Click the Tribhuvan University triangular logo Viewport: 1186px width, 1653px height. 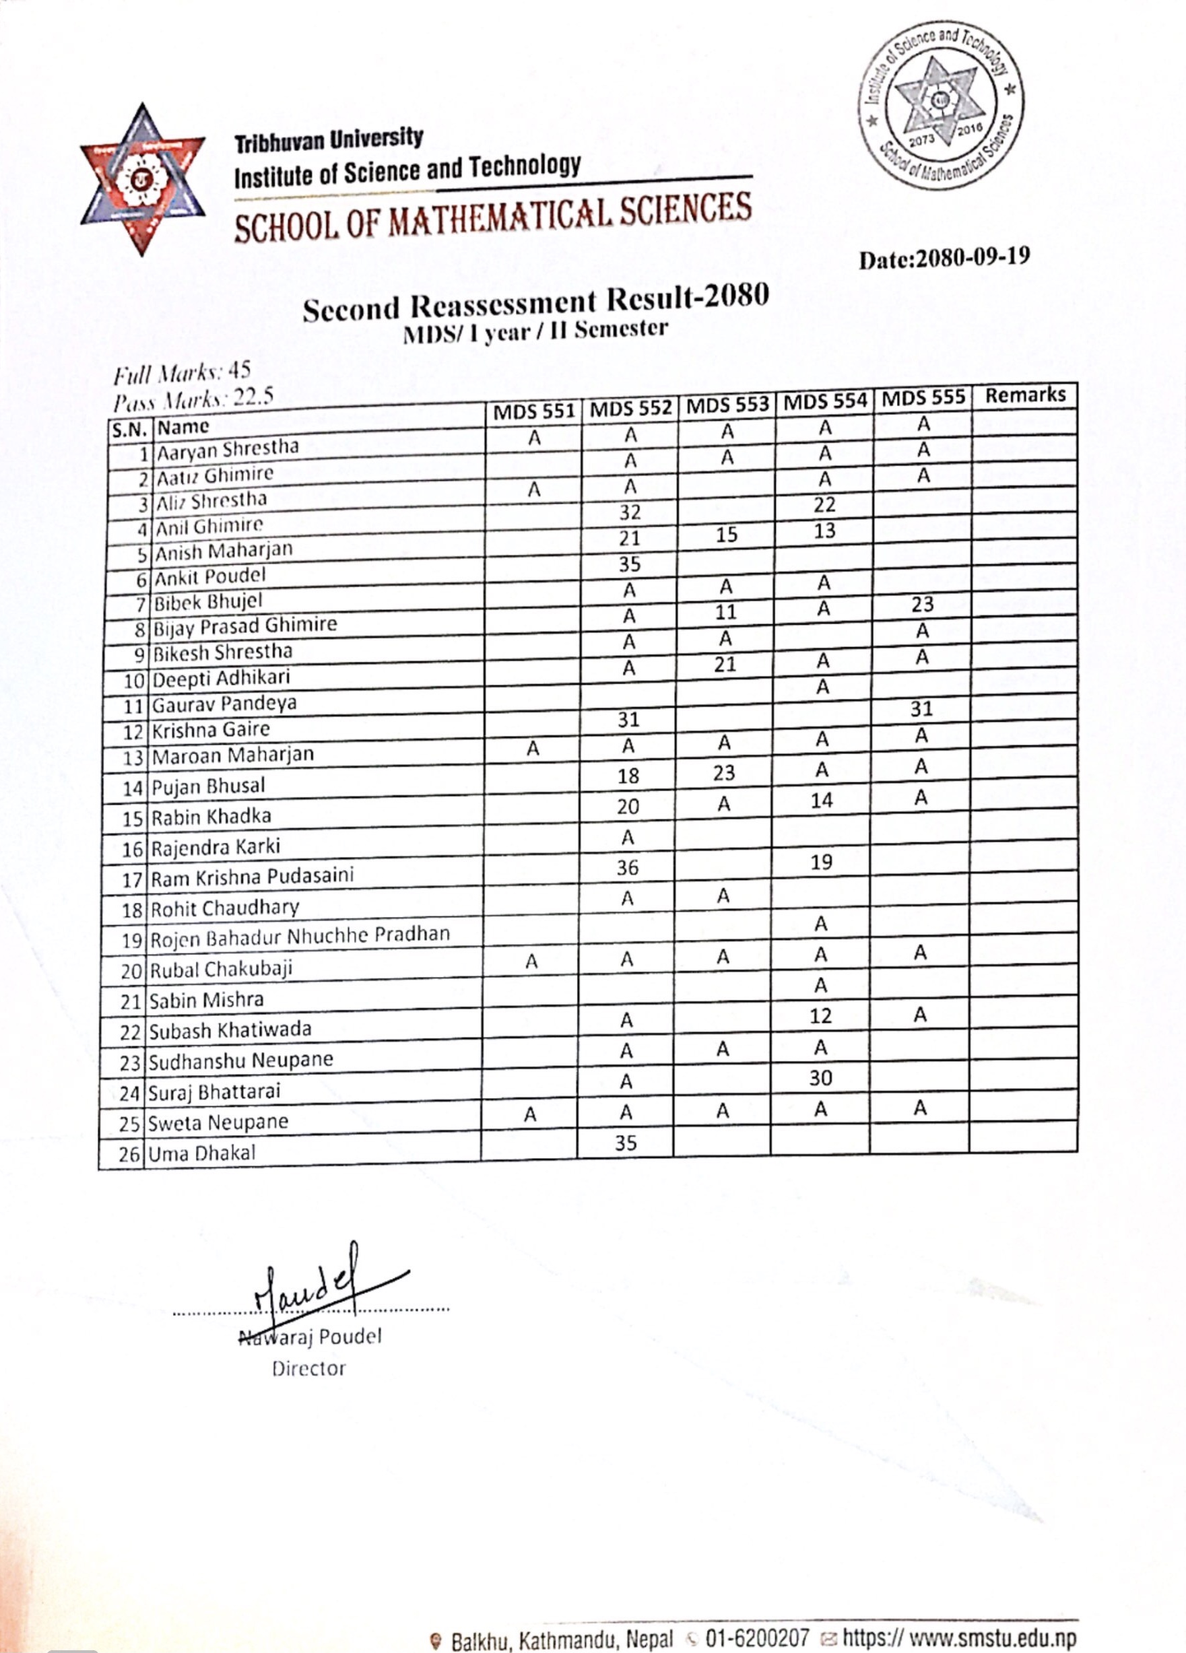pyautogui.click(x=142, y=178)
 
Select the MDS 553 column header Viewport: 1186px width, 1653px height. pyautogui.click(x=727, y=405)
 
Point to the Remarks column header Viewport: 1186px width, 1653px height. pyautogui.click(x=1025, y=395)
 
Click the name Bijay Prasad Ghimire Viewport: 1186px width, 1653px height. pyautogui.click(x=245, y=626)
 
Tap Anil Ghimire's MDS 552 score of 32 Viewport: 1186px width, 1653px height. pyautogui.click(x=630, y=512)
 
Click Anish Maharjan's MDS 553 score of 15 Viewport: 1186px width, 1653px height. pyautogui.click(x=726, y=535)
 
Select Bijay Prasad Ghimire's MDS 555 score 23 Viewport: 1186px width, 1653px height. pyautogui.click(x=922, y=604)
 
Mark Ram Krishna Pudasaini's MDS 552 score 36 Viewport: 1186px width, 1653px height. pyautogui.click(x=627, y=867)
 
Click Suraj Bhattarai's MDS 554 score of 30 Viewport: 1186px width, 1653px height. pyautogui.click(x=820, y=1078)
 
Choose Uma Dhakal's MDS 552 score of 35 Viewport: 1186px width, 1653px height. pyautogui.click(x=626, y=1143)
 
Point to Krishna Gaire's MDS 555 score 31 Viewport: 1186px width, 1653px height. pyautogui.click(x=921, y=708)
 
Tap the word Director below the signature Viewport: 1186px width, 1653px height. pyautogui.click(x=309, y=1369)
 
